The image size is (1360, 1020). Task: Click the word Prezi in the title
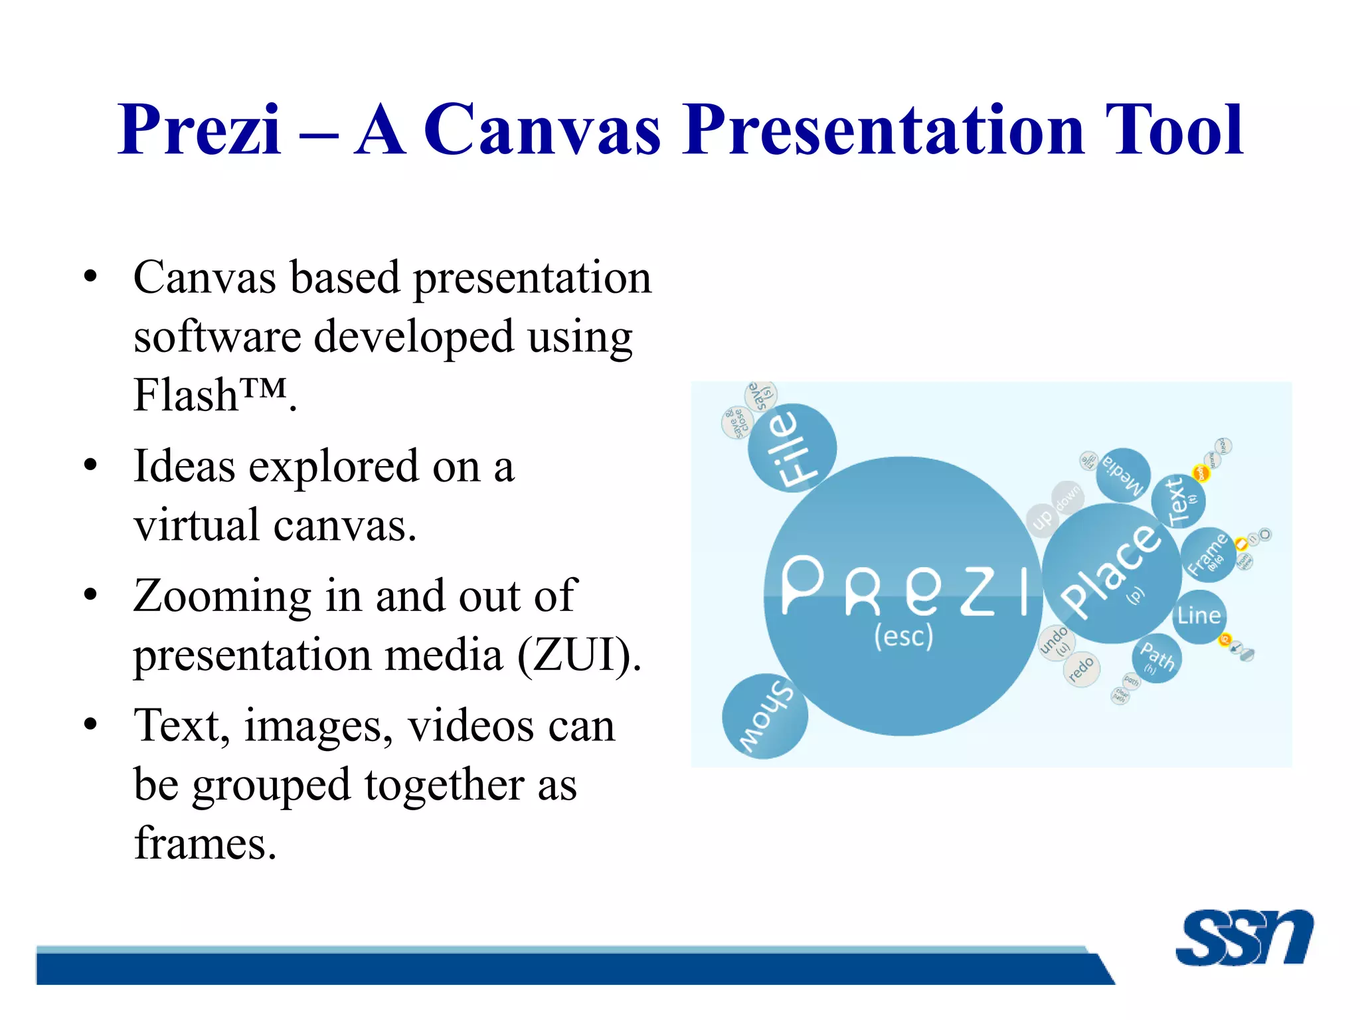[x=199, y=130]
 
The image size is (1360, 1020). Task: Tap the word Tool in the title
[x=1174, y=130]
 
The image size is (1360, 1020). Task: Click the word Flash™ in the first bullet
[x=211, y=395]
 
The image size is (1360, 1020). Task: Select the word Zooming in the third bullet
[x=222, y=596]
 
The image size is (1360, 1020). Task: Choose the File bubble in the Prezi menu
[x=792, y=448]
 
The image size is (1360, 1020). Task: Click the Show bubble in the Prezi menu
[x=765, y=717]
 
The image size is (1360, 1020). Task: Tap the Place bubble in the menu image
[x=1110, y=572]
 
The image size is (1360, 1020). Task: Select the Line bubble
[x=1199, y=616]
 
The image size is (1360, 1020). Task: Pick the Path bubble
[x=1157, y=659]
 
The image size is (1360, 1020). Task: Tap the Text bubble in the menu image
[x=1179, y=500]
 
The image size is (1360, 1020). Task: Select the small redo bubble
[x=1081, y=669]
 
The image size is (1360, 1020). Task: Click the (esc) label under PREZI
[x=903, y=636]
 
